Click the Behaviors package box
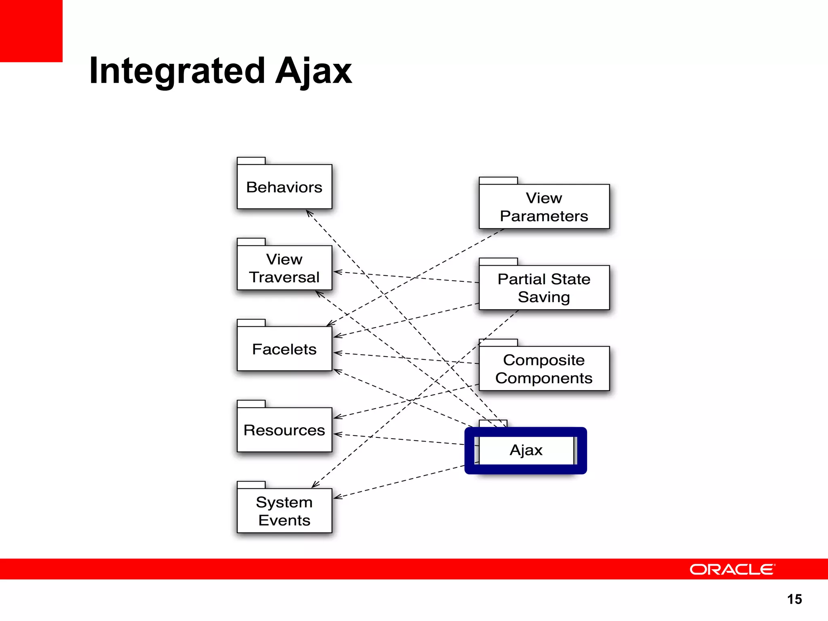(x=284, y=187)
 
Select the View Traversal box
(x=284, y=268)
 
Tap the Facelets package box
(x=284, y=349)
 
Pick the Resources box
(x=284, y=430)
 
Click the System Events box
(x=284, y=511)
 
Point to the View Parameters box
(x=544, y=207)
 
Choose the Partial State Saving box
(x=544, y=287)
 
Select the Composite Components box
(x=544, y=369)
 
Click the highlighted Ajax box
(x=526, y=450)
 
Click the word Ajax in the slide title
(x=313, y=71)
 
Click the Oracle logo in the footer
(x=732, y=569)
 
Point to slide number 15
(x=794, y=599)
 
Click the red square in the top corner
(x=31, y=31)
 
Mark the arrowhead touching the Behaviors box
(x=308, y=212)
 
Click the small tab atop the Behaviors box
(x=251, y=161)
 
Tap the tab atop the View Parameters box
(x=498, y=180)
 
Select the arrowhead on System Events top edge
(x=315, y=485)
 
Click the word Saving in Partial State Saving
(x=544, y=297)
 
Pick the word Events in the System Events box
(x=284, y=520)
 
